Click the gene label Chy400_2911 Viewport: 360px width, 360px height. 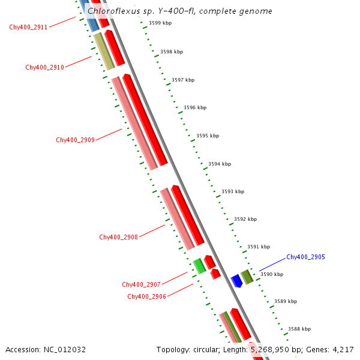[x=28, y=27]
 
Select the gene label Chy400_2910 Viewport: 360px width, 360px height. [x=44, y=67]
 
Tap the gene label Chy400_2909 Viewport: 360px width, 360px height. [x=75, y=140]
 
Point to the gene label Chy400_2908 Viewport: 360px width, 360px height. [x=118, y=237]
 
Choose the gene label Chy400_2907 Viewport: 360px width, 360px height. [x=141, y=284]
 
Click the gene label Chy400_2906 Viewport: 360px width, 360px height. [x=146, y=296]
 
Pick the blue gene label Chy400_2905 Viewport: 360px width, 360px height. [x=305, y=257]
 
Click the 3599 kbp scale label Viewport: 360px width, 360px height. [x=160, y=23]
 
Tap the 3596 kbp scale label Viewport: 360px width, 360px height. [x=194, y=107]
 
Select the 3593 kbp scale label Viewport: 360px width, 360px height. [x=233, y=191]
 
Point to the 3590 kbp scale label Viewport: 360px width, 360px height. [x=271, y=274]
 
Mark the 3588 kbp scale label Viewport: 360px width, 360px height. [x=299, y=329]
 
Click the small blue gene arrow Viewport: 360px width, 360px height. [x=236, y=281]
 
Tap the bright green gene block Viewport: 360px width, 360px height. [x=199, y=266]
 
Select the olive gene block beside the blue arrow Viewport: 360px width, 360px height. [x=247, y=277]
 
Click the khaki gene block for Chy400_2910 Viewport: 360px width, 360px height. [x=104, y=50]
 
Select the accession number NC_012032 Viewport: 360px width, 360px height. [x=65, y=349]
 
